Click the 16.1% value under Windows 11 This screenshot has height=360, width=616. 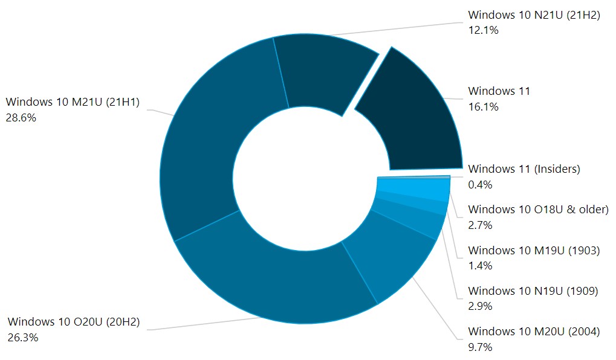click(483, 107)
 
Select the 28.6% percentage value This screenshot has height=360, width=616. click(22, 118)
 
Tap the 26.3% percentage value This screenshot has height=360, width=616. click(23, 338)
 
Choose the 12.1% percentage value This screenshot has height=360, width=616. click(483, 30)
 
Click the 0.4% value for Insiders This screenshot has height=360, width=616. click(480, 184)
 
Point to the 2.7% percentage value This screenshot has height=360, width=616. click(480, 225)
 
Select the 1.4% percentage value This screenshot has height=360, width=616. click(480, 265)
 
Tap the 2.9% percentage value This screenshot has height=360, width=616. click(480, 306)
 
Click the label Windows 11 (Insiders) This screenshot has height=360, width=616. click(524, 169)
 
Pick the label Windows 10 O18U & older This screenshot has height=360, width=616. click(538, 210)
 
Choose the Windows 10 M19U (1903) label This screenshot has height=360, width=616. click(534, 250)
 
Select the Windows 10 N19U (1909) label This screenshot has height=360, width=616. click(533, 291)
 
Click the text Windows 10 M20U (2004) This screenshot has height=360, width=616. click(534, 332)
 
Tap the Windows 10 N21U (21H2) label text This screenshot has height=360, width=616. click(534, 15)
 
